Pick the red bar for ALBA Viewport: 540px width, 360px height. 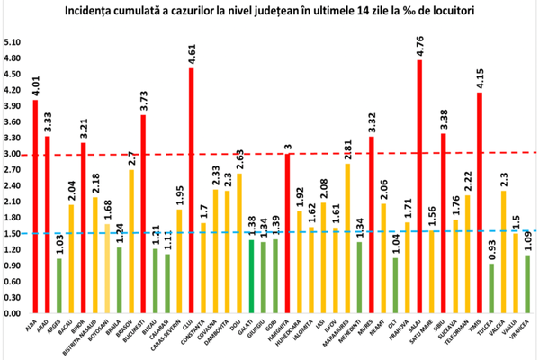(35, 207)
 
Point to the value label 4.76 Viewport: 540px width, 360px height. (420, 47)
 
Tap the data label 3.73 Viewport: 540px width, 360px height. (144, 101)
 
